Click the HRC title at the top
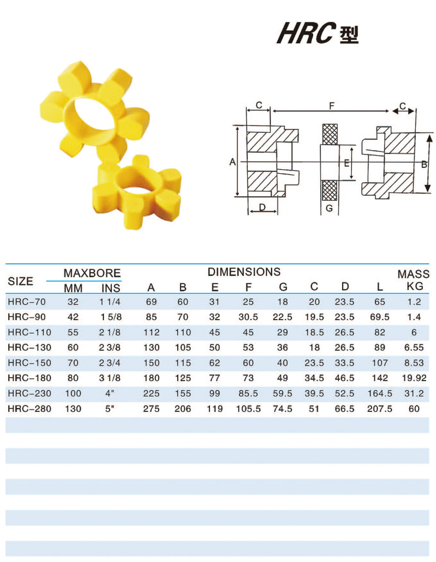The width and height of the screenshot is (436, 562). pos(318,33)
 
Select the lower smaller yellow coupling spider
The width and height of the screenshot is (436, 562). pos(137,192)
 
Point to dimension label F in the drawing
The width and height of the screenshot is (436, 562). pos(331,106)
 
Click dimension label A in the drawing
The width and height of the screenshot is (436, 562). pos(233,162)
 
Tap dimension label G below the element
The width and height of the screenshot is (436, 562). pos(329,208)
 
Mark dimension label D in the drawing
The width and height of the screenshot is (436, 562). pos(262,207)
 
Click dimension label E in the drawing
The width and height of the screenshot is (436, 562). pos(347,163)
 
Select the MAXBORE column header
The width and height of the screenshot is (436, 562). pos(92,273)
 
